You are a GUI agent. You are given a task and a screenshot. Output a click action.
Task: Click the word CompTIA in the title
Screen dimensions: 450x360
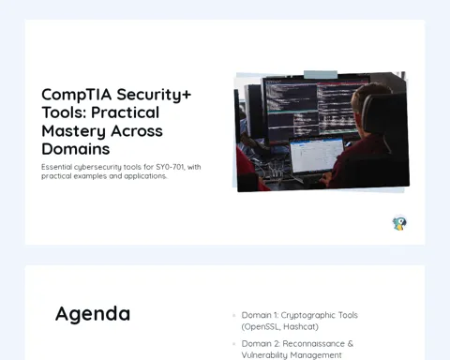77,95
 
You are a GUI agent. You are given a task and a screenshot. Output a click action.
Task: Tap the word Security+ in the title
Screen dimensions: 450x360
154,95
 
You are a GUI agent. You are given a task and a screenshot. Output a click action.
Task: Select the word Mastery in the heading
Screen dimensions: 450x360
73,131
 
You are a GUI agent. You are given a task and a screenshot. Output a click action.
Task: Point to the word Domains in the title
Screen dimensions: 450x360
76,149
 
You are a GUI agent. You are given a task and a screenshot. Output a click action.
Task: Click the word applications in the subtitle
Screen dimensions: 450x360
145,176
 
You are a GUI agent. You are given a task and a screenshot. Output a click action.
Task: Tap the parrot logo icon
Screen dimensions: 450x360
399,223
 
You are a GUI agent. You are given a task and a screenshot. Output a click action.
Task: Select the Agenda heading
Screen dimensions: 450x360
93,314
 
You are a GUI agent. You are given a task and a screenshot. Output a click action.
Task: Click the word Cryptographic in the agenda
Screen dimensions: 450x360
307,315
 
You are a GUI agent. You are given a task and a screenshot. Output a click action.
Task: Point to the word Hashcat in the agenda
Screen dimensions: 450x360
301,327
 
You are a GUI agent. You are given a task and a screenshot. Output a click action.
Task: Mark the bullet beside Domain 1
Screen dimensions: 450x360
233,315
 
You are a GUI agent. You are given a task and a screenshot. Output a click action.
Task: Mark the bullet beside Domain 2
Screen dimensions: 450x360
233,344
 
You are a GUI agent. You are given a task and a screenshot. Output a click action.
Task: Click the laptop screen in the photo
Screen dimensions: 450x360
316,155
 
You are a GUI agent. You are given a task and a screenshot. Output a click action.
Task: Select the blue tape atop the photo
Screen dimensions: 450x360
321,74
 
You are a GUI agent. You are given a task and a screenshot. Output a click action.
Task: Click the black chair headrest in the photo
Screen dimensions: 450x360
383,115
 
